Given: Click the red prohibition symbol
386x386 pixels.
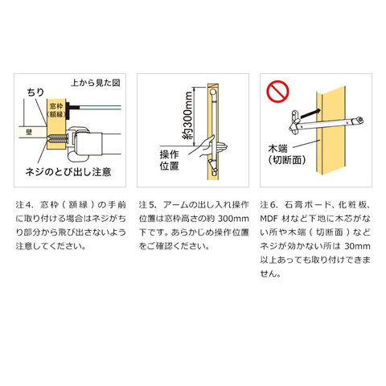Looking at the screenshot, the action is tap(277, 91).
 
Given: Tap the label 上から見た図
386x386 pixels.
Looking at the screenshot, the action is tap(96, 83).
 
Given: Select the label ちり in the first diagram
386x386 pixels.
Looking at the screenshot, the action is tap(35, 92).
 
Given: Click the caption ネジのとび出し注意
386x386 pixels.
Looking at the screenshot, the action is tap(68, 172).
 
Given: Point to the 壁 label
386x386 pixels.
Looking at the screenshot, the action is tap(29, 132).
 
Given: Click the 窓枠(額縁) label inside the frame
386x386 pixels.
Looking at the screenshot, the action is tap(56, 110).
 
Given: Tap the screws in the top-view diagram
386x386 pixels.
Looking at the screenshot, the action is tap(57, 139).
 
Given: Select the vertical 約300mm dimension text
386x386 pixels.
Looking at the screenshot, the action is tap(187, 116).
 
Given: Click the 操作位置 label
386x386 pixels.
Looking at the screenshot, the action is tap(169, 160).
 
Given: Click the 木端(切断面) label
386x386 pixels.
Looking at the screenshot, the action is tap(287, 154).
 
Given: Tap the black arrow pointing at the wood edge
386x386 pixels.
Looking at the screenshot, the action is tap(310, 113).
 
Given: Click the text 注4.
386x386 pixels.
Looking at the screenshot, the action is tap(24, 205).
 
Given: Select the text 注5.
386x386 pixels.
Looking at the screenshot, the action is tap(147, 205).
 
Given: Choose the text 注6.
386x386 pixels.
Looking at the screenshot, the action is tap(269, 205).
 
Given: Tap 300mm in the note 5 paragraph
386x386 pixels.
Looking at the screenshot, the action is tap(233, 219).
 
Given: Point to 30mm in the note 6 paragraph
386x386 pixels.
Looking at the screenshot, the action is tap(357, 246).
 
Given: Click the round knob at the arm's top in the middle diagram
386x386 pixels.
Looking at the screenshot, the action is tap(213, 92).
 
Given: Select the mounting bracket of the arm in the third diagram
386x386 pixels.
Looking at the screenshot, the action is tap(294, 122).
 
